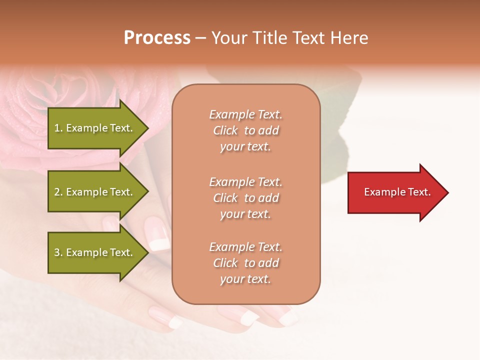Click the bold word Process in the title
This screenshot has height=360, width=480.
click(x=157, y=38)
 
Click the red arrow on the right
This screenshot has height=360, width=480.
click(x=395, y=192)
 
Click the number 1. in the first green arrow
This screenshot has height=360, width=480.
click(x=58, y=128)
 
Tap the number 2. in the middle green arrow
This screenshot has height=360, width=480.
click(x=58, y=192)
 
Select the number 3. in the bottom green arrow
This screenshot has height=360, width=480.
click(x=58, y=252)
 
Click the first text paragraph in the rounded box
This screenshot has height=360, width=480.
click(x=245, y=130)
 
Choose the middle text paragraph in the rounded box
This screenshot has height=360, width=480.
click(x=245, y=198)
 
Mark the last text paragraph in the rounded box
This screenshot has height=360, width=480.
click(x=245, y=263)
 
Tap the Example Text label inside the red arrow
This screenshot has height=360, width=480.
click(x=397, y=192)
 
